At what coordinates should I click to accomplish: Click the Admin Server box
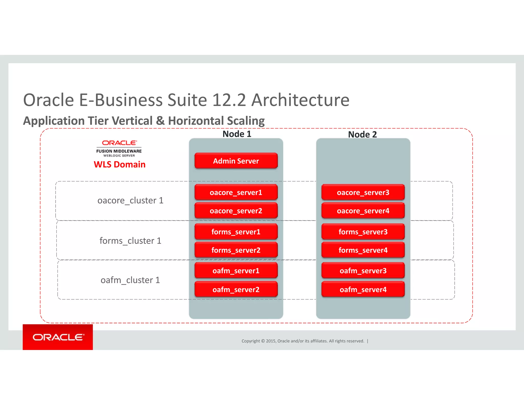[236, 161]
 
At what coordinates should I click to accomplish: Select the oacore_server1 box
[236, 192]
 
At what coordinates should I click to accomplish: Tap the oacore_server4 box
[363, 211]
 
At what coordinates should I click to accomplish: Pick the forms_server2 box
[236, 250]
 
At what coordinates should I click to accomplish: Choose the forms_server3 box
[363, 232]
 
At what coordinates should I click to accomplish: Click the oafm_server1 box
[236, 271]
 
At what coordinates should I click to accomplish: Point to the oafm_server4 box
[363, 289]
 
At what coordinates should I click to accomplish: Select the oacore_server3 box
[363, 192]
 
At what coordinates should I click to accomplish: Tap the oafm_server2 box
[236, 289]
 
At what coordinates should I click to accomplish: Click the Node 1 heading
[237, 134]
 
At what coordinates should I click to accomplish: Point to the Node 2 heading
[362, 134]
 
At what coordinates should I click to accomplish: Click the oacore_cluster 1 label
[130, 200]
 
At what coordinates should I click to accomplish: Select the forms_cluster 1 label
[130, 241]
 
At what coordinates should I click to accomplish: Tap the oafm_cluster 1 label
[130, 280]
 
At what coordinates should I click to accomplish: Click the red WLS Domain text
[119, 164]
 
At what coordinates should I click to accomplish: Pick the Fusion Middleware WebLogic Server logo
[119, 149]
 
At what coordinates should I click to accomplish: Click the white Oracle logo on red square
[58, 337]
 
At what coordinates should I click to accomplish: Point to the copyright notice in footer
[303, 341]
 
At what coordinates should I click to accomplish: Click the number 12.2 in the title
[229, 100]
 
